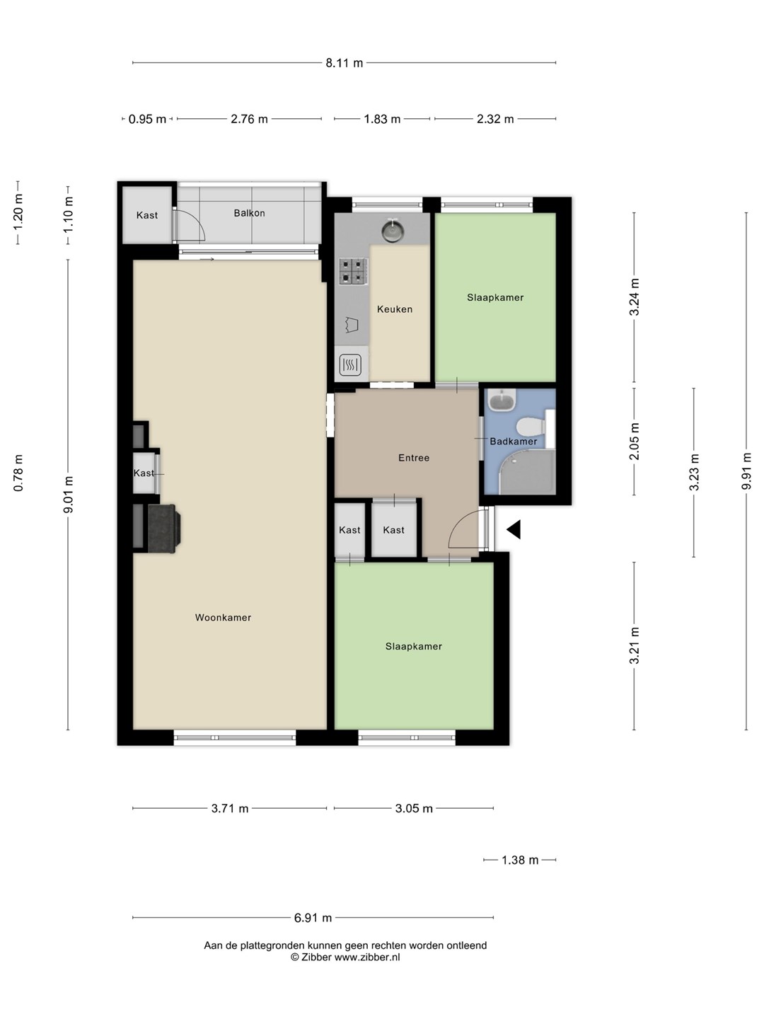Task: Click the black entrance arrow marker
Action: coord(514,529)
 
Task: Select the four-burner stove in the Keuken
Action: coord(353,272)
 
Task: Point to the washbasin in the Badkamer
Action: coord(502,401)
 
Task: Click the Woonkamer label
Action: coord(223,618)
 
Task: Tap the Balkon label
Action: coord(249,213)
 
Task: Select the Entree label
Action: coord(414,458)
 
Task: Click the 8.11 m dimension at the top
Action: coord(345,63)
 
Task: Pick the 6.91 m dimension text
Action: coord(313,918)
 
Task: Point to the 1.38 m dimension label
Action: coord(520,860)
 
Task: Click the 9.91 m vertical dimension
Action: coord(746,471)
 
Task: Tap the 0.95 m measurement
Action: coord(147,120)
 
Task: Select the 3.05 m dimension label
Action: coord(414,809)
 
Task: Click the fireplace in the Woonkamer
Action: coord(163,529)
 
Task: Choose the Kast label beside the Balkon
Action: coord(147,215)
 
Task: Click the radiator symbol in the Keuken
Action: coord(350,365)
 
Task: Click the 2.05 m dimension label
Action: coord(634,442)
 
